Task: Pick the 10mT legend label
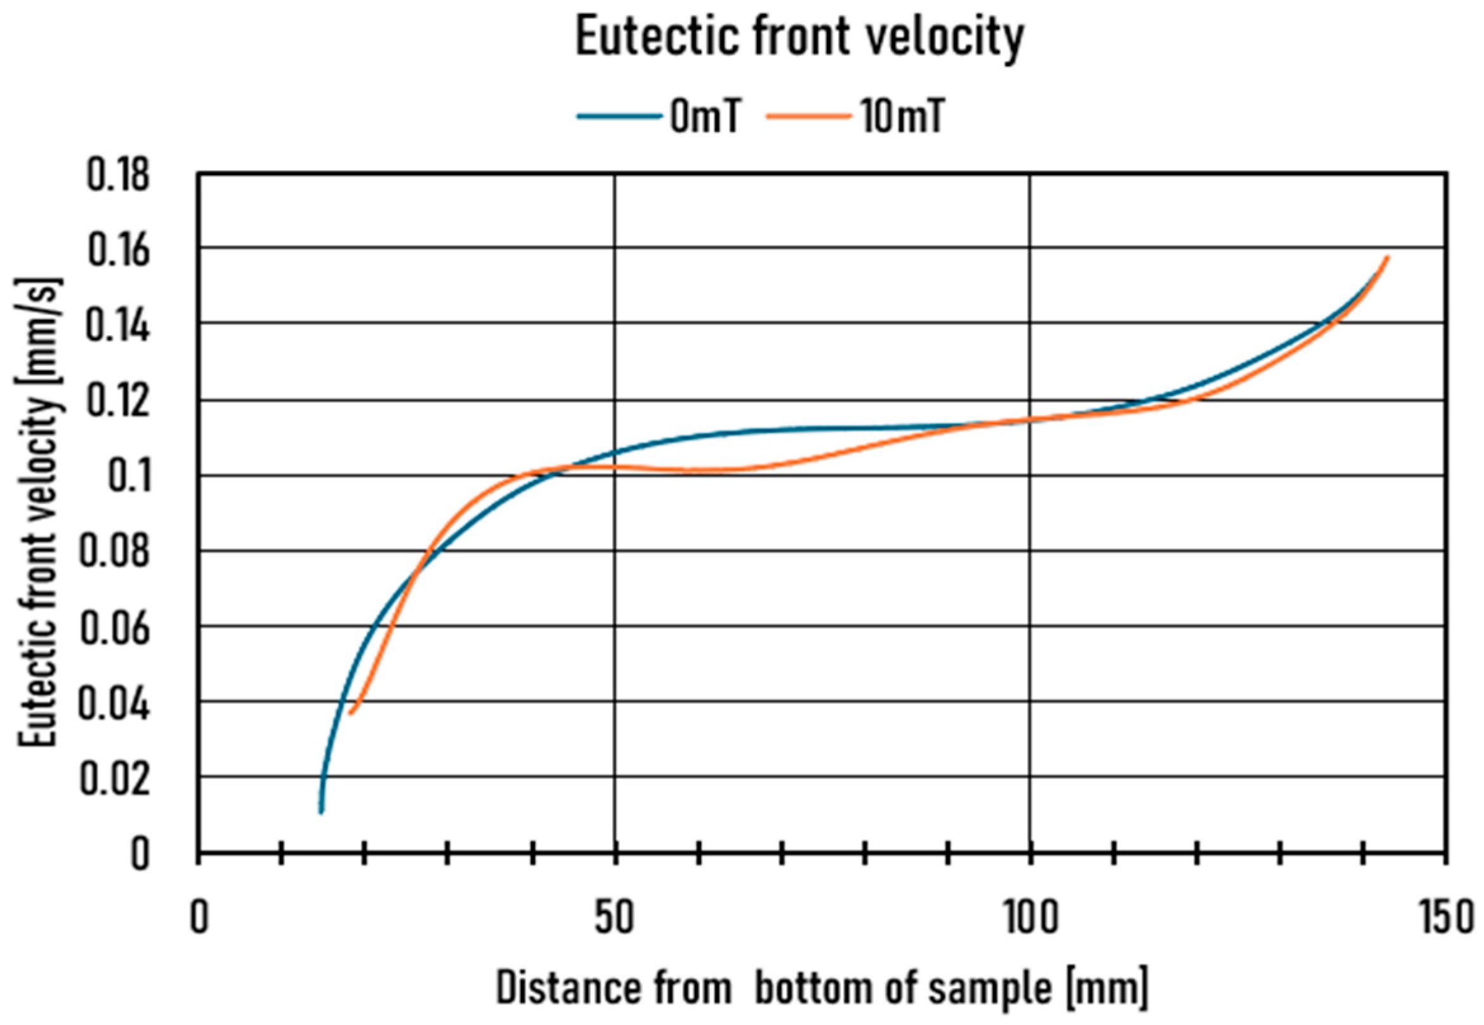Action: [902, 117]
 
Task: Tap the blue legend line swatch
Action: [619, 117]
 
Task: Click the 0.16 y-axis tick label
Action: [117, 250]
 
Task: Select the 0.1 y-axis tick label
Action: [128, 477]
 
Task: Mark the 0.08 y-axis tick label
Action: [114, 552]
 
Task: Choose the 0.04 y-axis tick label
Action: [114, 703]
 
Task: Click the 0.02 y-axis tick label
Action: [114, 778]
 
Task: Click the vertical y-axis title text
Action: [40, 514]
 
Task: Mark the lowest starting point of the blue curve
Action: [321, 812]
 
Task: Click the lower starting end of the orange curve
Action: [350, 712]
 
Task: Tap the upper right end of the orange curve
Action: [1388, 258]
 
